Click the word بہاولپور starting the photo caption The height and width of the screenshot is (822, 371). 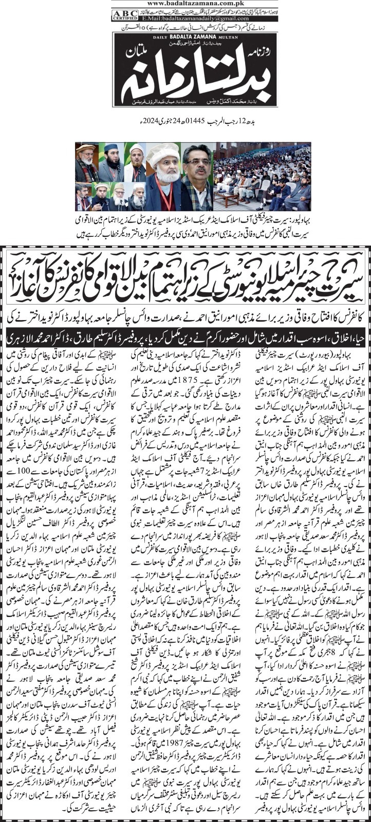coord(285,219)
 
